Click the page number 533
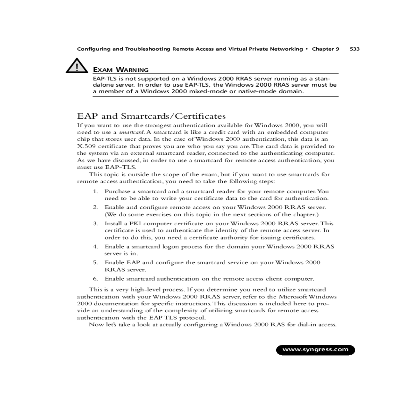point(354,49)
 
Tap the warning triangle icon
point(77,66)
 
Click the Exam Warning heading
point(121,70)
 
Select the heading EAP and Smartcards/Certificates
point(151,116)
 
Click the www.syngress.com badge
point(315,350)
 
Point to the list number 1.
point(95,191)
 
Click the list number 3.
point(95,223)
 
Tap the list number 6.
point(95,279)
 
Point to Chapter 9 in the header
point(326,49)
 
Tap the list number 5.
point(95,262)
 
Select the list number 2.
point(95,207)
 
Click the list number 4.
point(95,246)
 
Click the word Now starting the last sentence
point(95,325)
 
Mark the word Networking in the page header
point(286,49)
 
